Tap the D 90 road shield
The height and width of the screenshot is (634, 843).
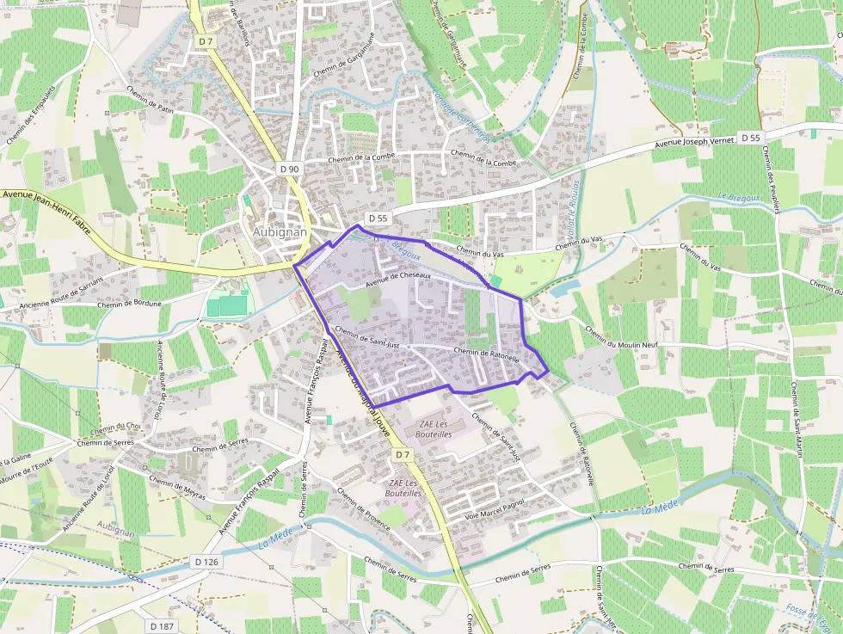[x=290, y=169]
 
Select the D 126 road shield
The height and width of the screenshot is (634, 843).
[x=207, y=562]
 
